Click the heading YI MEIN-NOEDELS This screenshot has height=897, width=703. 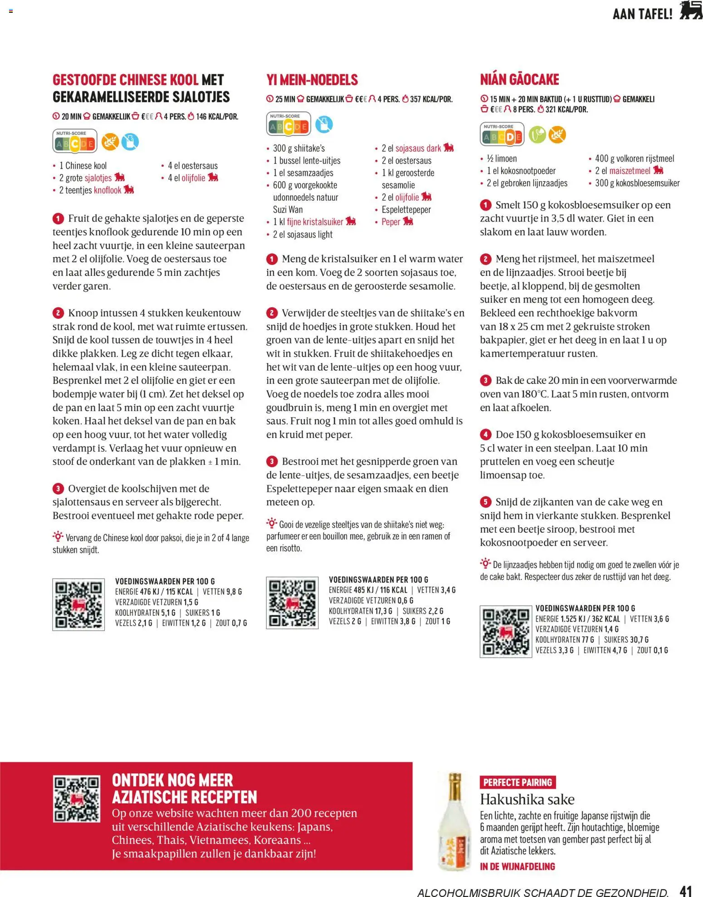[312, 80]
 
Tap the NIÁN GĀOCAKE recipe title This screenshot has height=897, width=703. [519, 80]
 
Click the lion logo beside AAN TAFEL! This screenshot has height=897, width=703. [690, 11]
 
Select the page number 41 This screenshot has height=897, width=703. [685, 889]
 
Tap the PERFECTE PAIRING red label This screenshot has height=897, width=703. [517, 782]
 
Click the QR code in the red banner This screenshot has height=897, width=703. [76, 799]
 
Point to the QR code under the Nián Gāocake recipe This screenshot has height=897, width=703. [505, 631]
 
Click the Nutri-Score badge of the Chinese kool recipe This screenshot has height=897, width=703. [75, 142]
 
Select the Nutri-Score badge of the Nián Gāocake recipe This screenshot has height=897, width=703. [502, 135]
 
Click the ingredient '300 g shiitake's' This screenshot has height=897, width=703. [298, 148]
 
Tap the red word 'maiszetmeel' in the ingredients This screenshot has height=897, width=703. [630, 171]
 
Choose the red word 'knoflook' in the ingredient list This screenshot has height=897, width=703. [107, 190]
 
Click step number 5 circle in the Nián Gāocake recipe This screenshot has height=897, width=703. [485, 502]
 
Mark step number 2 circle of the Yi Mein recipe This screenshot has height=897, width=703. [271, 313]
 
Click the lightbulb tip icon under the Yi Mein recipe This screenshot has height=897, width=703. [271, 523]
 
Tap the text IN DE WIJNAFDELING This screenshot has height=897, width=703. [517, 866]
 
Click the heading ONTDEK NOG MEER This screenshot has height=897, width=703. [172, 780]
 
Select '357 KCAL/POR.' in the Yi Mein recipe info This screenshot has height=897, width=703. [431, 99]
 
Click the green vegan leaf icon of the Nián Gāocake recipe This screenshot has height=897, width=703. [537, 135]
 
